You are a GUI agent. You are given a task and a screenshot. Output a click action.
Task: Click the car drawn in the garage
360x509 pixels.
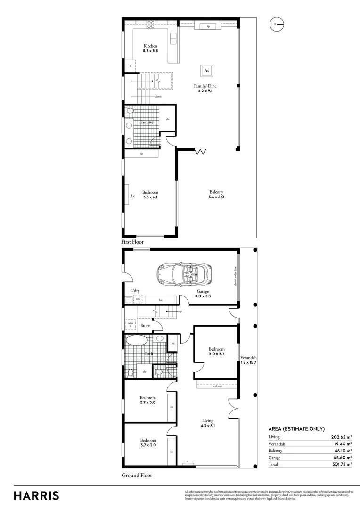pos(185,273)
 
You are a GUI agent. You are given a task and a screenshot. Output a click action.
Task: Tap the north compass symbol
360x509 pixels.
pos(277,24)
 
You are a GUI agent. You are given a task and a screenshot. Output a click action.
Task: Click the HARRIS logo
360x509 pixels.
pos(36,495)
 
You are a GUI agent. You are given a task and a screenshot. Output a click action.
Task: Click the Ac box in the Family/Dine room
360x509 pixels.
pos(206,71)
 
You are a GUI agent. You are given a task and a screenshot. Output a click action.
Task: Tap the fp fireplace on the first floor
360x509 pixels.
pos(208,26)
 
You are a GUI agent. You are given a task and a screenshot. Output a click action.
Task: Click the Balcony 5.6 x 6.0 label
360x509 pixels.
pos(217,194)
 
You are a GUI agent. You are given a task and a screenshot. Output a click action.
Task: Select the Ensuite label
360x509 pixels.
pos(147,123)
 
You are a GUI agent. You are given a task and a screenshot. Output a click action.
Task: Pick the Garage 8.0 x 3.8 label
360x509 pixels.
pos(203,294)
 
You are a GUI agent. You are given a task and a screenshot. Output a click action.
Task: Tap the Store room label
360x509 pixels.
pos(145,325)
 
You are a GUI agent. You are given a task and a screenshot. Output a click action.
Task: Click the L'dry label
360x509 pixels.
pos(135,291)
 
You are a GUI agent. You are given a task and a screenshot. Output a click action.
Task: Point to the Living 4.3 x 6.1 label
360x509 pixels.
pos(207,423)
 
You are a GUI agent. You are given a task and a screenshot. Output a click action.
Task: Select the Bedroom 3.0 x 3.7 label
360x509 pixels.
pos(217,352)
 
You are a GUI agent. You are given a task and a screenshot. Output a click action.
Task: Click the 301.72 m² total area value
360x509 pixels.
pos(338,464)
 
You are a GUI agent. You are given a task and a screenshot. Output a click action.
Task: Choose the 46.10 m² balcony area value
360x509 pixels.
pos(340,451)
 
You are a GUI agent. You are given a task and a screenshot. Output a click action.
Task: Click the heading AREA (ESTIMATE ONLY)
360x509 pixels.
pos(296,429)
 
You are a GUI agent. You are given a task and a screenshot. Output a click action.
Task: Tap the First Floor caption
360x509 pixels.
pos(132,242)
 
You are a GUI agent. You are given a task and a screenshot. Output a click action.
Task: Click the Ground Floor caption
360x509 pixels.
pos(137,476)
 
